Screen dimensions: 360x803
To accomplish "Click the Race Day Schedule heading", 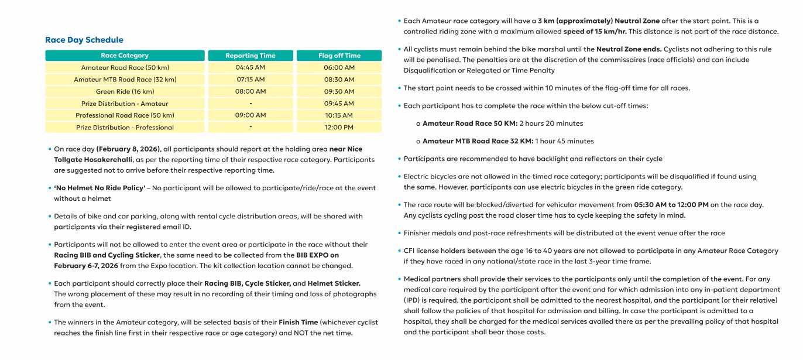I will tap(84, 40).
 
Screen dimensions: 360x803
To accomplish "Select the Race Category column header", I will tap(125, 56).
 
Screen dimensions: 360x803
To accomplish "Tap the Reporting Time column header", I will tap(250, 56).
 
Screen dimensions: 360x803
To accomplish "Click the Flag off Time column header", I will tap(339, 56).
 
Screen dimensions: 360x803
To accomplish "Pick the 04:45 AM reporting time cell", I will tap(250, 68).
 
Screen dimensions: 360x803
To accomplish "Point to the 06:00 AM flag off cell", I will tap(339, 68).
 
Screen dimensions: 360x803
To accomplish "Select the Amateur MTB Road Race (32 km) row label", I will tap(125, 80).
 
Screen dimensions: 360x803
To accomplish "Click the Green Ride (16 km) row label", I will tap(125, 92).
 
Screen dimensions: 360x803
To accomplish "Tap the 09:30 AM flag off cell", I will tap(339, 92).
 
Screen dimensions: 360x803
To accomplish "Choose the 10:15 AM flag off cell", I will tap(339, 115).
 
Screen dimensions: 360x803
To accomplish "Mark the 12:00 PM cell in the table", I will tap(339, 128).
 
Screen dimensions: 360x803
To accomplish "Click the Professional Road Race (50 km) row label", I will tap(125, 115).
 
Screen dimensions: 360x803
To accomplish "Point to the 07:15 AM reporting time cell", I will tap(250, 80).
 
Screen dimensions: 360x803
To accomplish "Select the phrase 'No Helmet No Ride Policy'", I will tap(99, 188).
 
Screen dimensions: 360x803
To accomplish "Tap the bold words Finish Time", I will tap(298, 323).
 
